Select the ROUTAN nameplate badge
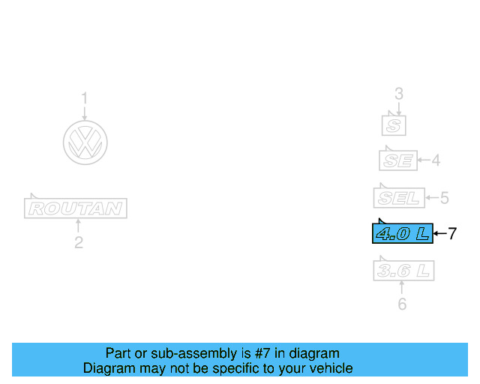[76, 208]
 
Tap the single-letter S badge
[394, 124]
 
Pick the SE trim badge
[397, 160]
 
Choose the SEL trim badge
[399, 198]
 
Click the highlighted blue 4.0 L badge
[403, 233]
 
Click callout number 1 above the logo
[85, 97]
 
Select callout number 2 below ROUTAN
[78, 242]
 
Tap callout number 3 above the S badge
[399, 94]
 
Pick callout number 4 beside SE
[435, 160]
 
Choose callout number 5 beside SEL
[444, 198]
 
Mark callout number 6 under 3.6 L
[402, 304]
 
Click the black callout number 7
[451, 233]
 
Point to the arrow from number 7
[440, 233]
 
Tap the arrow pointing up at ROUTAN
[78, 226]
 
